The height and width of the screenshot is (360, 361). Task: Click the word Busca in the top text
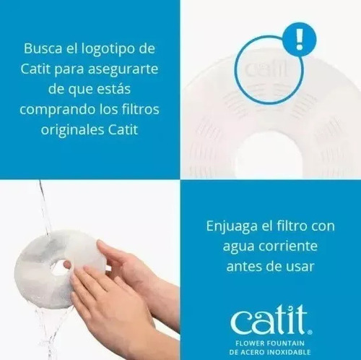pos(43,48)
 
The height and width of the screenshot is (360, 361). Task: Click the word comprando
pos(58,110)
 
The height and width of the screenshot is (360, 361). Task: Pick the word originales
pos(72,130)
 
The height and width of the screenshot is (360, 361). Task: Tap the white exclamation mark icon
pos(300,40)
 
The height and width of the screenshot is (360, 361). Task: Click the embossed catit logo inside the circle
pos(266,69)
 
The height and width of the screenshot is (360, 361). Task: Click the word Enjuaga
pos(232,227)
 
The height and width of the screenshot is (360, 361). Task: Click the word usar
pos(300,267)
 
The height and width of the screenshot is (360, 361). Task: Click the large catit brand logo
pos(269,320)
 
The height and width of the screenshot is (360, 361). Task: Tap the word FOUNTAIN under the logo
pos(286,343)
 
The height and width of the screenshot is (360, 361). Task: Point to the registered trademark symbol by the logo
pos(310,332)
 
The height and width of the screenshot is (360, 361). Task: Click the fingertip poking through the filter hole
pos(66,265)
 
